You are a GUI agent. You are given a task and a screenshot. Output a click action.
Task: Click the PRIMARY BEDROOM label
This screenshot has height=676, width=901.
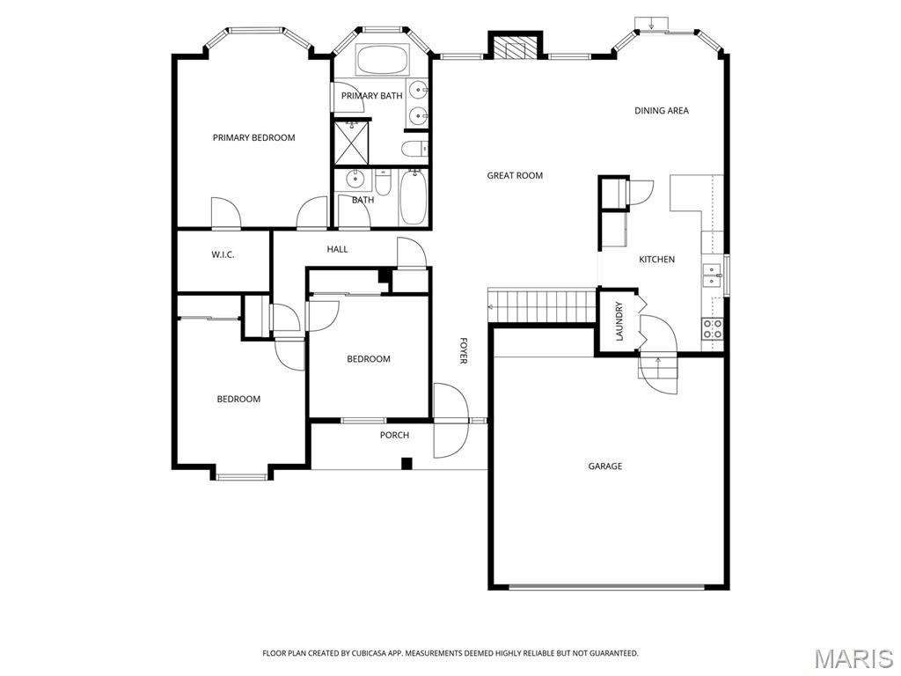(x=253, y=137)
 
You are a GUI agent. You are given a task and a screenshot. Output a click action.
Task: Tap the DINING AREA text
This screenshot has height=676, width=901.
(x=662, y=111)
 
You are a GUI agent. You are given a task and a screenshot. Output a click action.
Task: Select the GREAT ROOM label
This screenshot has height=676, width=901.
(x=515, y=175)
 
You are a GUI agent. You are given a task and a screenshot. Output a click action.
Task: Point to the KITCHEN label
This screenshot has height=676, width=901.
(x=656, y=259)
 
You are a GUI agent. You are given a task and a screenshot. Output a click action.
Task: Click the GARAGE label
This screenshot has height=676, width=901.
(x=605, y=466)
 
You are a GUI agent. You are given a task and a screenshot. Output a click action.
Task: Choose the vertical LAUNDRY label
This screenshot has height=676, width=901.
(x=619, y=321)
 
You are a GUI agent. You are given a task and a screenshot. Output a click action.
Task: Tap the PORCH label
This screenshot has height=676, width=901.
(x=394, y=435)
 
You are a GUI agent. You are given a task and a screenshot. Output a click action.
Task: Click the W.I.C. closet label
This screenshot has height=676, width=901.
(x=223, y=254)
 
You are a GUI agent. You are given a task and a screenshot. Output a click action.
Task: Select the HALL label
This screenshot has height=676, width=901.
(x=337, y=249)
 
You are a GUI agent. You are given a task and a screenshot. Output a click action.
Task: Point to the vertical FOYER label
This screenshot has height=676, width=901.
(x=463, y=349)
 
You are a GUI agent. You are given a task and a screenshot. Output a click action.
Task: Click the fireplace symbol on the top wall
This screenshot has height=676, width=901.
(x=515, y=47)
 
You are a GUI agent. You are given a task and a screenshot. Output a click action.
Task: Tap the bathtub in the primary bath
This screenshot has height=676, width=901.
(x=381, y=61)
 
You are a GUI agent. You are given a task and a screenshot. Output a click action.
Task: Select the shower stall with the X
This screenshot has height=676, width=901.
(x=350, y=142)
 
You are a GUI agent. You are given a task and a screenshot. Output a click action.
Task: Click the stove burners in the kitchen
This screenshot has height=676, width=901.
(x=713, y=328)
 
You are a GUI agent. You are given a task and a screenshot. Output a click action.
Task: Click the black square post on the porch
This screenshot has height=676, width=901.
(x=407, y=463)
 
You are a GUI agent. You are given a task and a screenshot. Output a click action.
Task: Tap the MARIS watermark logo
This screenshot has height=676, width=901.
(x=853, y=658)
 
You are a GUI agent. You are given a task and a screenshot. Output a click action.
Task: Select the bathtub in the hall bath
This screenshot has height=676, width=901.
(x=413, y=198)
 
